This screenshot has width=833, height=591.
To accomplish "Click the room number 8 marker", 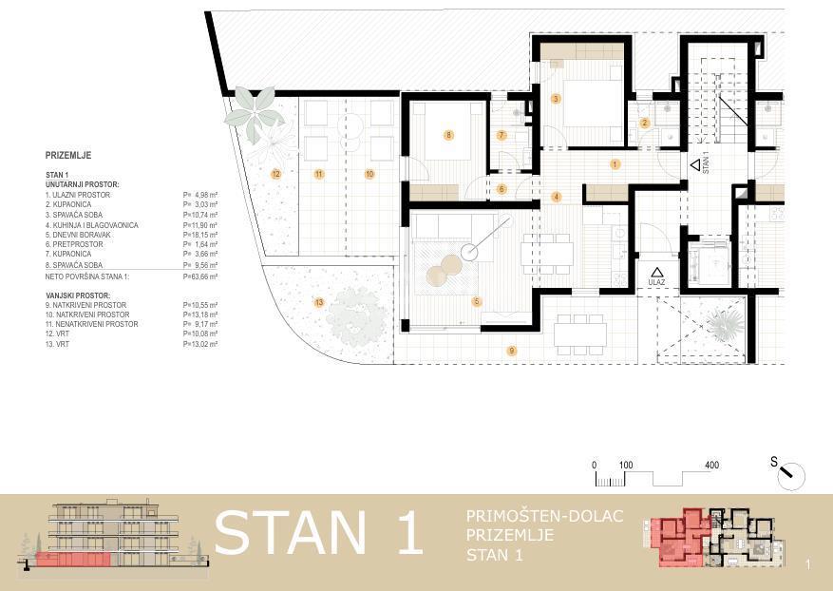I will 448,135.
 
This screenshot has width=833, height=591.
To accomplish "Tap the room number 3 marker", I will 556,99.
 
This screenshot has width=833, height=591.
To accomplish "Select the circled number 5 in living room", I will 478,302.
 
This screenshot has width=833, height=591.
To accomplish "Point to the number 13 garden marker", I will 318,302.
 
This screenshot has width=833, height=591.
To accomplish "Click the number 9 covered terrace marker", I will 512,351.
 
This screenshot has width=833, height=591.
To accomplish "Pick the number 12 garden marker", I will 275,174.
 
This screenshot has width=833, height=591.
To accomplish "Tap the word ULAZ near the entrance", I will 656,282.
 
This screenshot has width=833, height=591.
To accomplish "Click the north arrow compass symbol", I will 790,474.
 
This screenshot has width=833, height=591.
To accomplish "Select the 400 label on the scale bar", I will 712,465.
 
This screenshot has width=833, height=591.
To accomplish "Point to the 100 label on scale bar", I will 626,465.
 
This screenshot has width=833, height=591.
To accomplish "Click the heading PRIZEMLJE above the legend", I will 68,155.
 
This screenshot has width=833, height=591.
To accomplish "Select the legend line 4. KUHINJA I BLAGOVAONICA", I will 92,225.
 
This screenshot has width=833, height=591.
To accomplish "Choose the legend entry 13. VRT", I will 59,344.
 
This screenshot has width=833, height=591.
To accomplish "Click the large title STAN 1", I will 318,534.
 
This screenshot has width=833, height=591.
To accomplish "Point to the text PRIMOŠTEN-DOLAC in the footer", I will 544,516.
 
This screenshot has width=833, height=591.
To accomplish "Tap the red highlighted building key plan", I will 679,539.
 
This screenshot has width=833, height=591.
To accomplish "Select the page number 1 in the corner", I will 807,565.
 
